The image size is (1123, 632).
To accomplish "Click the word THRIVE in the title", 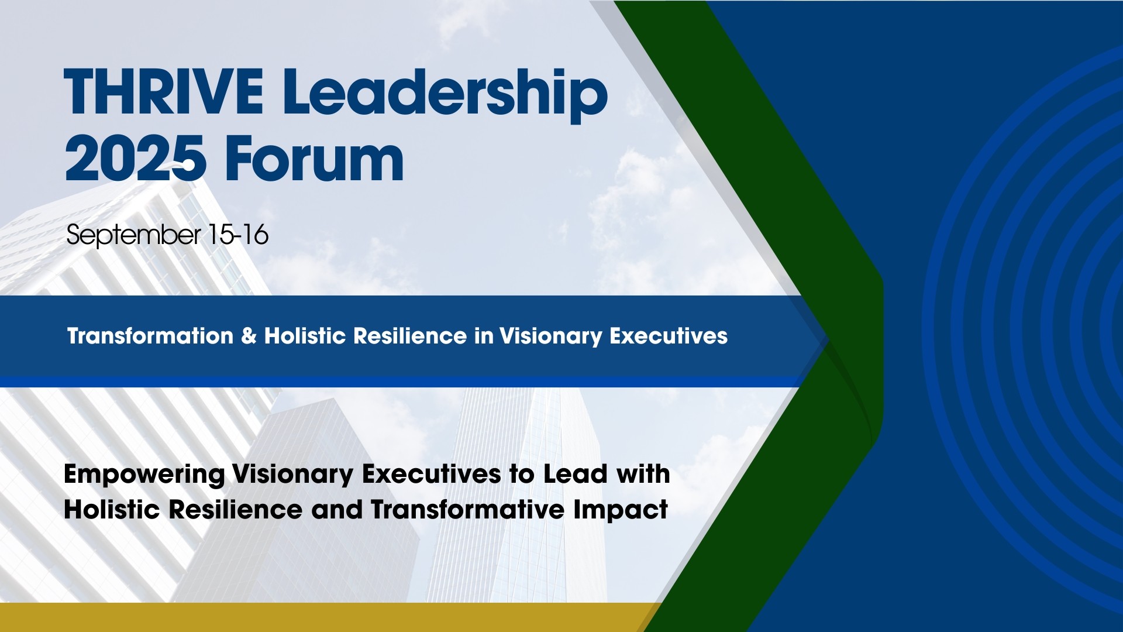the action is [164, 92].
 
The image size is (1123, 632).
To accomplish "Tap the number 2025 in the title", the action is [135, 159].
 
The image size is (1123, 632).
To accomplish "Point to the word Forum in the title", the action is [315, 159].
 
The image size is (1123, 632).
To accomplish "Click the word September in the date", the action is [133, 236].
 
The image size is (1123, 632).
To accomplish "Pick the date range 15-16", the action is [238, 235].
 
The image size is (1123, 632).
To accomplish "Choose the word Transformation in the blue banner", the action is [150, 336].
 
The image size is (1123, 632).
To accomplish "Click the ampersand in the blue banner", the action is [249, 336].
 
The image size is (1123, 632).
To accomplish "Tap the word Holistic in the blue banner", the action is [305, 336].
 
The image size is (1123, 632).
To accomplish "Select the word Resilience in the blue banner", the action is [410, 336].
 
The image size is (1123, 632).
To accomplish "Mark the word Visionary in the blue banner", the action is [550, 337].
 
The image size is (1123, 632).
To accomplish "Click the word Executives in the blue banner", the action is [669, 336].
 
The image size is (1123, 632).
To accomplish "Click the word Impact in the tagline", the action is [621, 511].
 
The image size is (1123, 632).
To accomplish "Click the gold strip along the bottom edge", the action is [328, 617].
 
